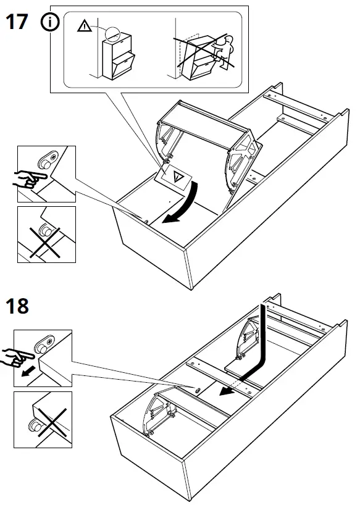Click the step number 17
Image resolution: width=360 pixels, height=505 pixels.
tap(17, 23)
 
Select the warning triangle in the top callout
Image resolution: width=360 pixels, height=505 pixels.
tap(83, 26)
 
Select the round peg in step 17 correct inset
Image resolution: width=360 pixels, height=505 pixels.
tap(45, 162)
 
